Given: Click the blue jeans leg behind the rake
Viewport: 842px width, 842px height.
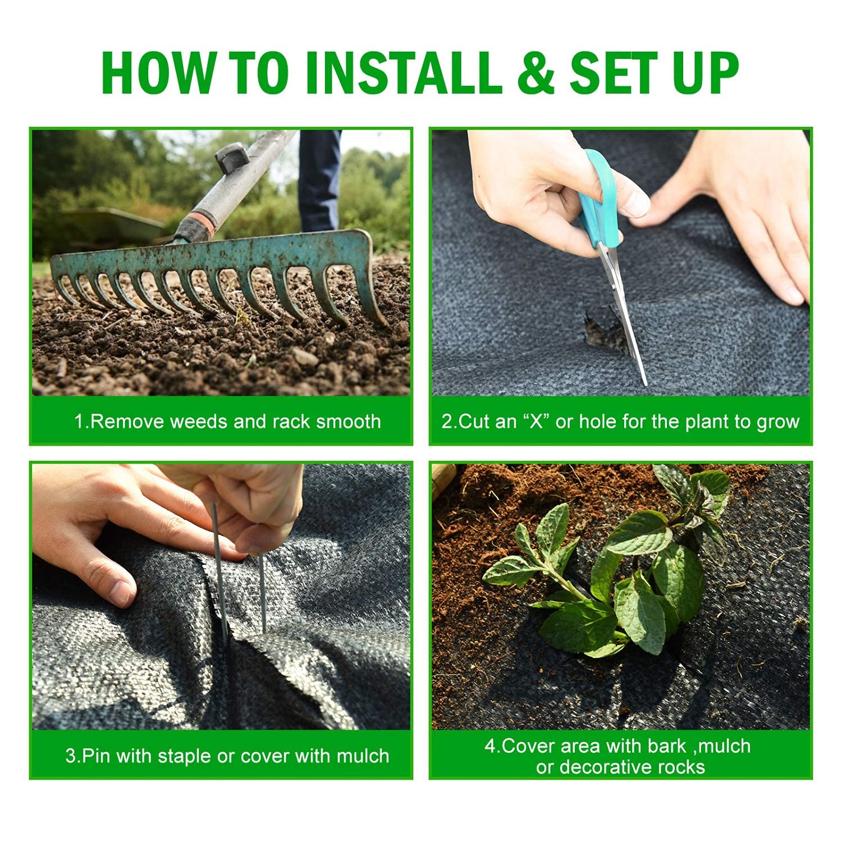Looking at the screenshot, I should click(318, 180).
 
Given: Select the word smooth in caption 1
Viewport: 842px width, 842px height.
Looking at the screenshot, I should click(348, 421).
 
